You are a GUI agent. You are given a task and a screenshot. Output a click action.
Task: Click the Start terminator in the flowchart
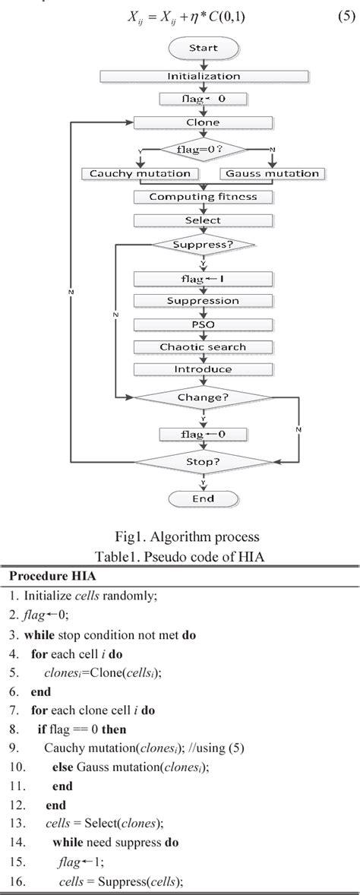(203, 48)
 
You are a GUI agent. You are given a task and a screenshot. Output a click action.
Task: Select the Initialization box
(203, 76)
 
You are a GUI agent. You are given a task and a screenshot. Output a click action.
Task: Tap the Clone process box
(203, 122)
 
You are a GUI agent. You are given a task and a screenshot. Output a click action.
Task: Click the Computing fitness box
(203, 197)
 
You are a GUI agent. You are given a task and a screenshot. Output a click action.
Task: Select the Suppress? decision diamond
(203, 245)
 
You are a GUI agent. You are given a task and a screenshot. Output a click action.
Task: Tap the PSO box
(203, 324)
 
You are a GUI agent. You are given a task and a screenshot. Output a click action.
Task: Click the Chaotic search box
(203, 347)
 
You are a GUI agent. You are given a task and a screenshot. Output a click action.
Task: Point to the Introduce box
(203, 369)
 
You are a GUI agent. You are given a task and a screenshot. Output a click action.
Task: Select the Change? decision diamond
(203, 397)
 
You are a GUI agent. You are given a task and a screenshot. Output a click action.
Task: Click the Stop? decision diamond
(203, 461)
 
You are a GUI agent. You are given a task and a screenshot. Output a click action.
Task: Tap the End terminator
(203, 499)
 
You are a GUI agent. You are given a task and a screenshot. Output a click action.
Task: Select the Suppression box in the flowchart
(203, 301)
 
